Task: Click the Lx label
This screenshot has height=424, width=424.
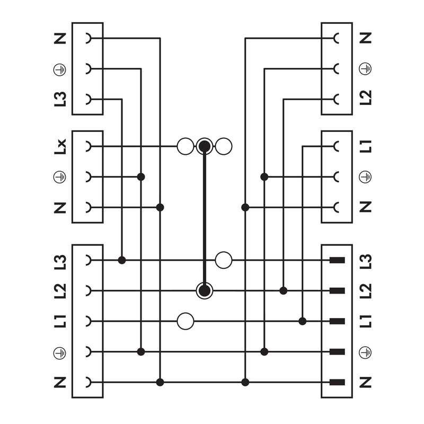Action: (x=60, y=147)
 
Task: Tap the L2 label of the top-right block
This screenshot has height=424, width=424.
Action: (x=366, y=98)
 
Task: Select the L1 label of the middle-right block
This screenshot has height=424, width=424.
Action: (x=366, y=147)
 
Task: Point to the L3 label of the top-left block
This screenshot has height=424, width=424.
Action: (x=60, y=99)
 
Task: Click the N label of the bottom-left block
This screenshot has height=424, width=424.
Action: (x=60, y=382)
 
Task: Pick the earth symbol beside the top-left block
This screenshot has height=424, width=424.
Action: (x=59, y=70)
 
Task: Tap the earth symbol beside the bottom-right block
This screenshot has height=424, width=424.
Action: (x=365, y=352)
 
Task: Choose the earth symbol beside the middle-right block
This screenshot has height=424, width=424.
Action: (x=365, y=177)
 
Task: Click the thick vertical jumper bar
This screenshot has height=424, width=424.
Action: (x=205, y=218)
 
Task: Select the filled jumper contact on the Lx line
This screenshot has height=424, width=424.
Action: (x=205, y=146)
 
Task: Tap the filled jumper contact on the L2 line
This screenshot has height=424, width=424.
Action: (x=205, y=290)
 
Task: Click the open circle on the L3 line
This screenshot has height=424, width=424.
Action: (x=224, y=260)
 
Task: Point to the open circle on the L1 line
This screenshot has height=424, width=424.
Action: (x=185, y=321)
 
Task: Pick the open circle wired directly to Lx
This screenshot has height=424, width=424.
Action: (x=185, y=146)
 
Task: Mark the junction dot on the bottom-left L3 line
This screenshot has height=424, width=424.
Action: (x=122, y=260)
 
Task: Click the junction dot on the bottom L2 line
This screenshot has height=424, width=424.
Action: (x=284, y=290)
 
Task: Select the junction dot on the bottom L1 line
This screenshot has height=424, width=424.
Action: (x=303, y=321)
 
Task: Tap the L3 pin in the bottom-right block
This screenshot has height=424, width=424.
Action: (x=337, y=260)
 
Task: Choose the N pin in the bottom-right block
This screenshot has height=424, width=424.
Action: (x=337, y=382)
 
